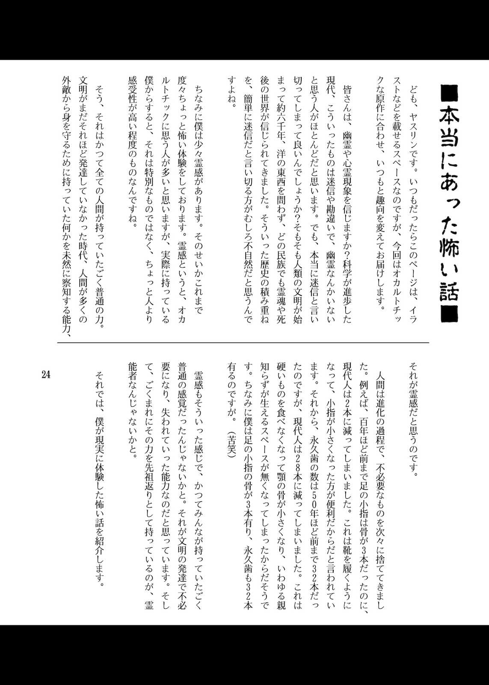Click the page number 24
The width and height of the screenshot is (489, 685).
tap(46, 375)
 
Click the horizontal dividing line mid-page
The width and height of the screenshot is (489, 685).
tap(243, 342)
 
